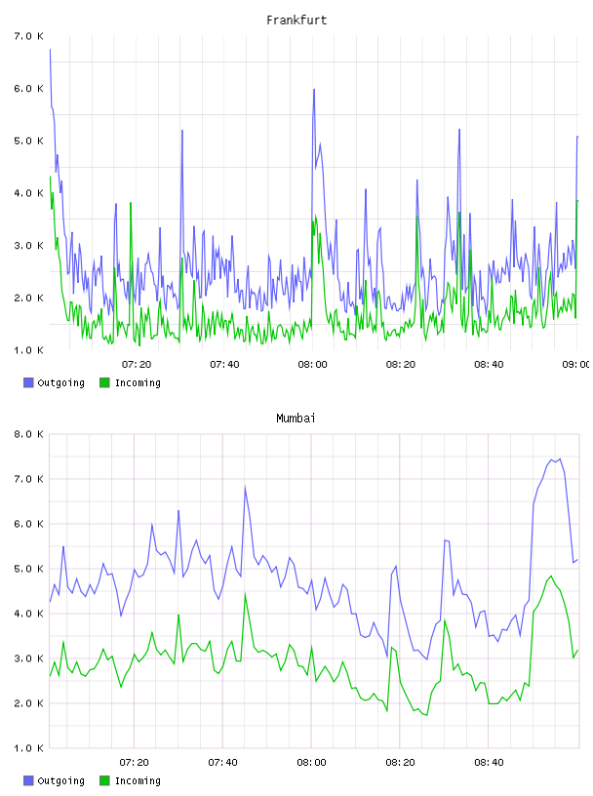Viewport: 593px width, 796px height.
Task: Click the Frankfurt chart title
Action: (x=296, y=20)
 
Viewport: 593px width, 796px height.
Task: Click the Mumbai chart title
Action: (x=296, y=418)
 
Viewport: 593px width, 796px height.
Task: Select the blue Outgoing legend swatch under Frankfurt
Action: (x=28, y=382)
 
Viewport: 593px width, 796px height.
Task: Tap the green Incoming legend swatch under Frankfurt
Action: (x=104, y=382)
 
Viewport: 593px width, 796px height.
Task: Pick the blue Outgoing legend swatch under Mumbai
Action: (x=28, y=780)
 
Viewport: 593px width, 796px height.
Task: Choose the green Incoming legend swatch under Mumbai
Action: (x=104, y=780)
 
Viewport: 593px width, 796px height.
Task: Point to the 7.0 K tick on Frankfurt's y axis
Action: (x=28, y=36)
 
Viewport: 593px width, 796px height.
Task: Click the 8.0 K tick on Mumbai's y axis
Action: (x=28, y=434)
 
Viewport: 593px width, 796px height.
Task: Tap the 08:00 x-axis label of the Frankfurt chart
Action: (x=312, y=365)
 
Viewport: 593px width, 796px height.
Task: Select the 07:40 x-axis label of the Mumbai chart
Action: (x=222, y=763)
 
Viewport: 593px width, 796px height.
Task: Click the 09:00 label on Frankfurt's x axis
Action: (x=576, y=365)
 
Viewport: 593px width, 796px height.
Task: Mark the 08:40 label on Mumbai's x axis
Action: (x=489, y=763)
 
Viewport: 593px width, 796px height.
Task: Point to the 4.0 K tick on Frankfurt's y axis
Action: (x=28, y=193)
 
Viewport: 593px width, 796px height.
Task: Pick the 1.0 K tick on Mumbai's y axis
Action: (x=28, y=748)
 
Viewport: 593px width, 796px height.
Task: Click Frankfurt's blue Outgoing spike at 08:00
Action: (x=314, y=90)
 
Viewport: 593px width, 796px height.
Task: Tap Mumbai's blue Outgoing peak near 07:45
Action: (x=245, y=488)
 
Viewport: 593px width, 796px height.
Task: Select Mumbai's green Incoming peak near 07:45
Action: (x=245, y=593)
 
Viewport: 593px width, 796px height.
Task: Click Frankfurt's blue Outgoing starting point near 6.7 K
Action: (x=50, y=49)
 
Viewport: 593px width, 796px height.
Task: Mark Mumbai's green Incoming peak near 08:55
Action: (x=551, y=577)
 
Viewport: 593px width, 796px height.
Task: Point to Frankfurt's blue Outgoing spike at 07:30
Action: (x=181, y=131)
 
